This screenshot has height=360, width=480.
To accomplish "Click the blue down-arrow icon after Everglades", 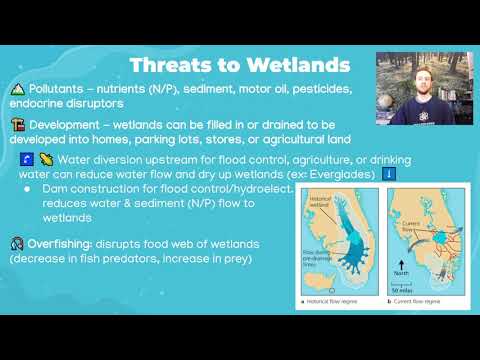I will [390, 174].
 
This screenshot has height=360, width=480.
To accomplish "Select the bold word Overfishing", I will [69, 242].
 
